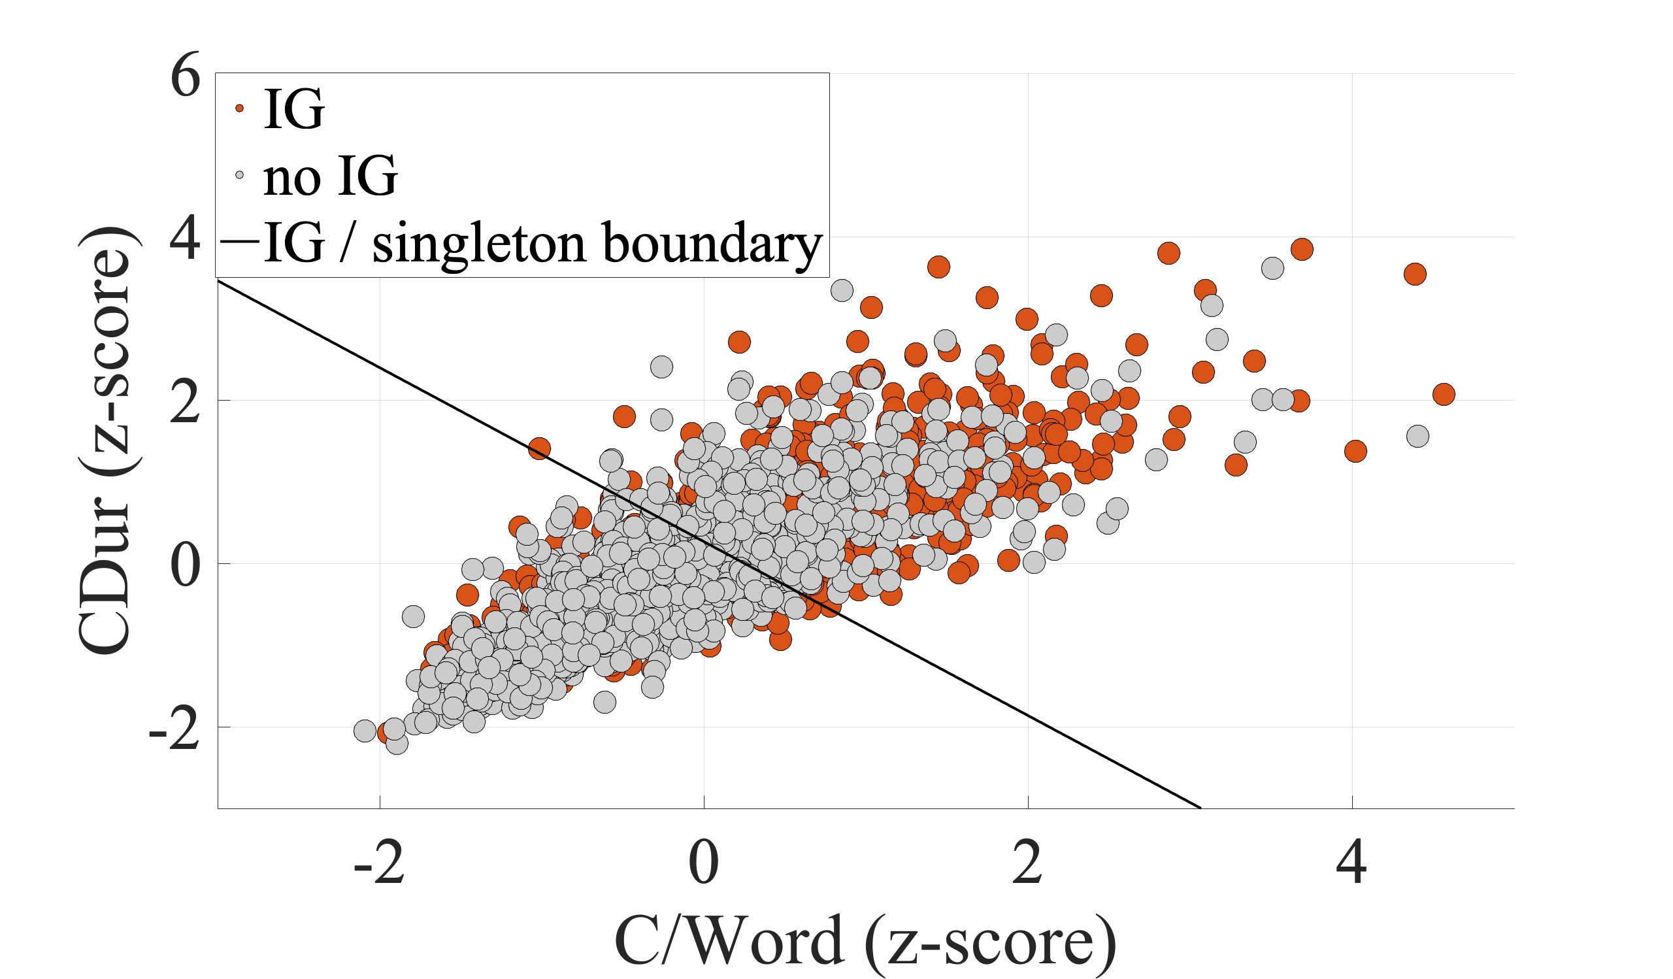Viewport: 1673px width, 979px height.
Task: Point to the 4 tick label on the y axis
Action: pos(185,240)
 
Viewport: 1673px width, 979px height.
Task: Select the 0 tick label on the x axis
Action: pos(704,863)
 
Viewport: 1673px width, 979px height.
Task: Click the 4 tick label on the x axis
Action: pos(1351,863)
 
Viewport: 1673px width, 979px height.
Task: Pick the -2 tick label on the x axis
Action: pos(379,863)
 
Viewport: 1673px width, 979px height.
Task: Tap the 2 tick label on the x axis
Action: pos(1028,863)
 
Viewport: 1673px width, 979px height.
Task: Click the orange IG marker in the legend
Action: pos(240,108)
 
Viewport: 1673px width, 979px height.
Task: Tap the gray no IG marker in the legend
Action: pos(240,175)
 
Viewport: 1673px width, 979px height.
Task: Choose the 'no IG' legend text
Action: pos(330,176)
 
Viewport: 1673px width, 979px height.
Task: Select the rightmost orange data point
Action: pos(1444,395)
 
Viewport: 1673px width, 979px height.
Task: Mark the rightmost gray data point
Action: pos(1417,437)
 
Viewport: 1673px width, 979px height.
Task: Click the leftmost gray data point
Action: pos(365,731)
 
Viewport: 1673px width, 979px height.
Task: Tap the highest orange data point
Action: pos(1302,250)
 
